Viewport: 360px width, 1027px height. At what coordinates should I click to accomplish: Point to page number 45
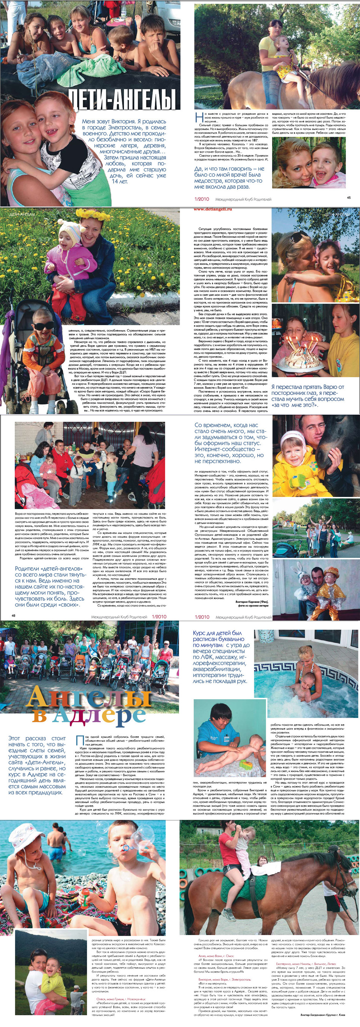349,197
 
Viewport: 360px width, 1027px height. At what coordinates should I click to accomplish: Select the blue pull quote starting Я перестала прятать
307,396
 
